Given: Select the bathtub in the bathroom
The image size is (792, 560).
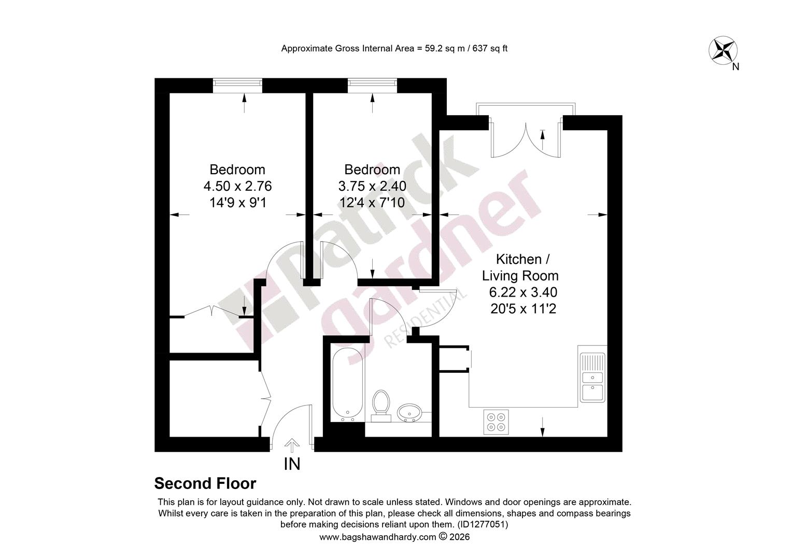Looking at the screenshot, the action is pos(348,385).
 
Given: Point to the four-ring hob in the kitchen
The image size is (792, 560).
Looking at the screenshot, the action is pos(496,422).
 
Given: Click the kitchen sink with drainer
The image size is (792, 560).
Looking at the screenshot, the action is pos(592,377).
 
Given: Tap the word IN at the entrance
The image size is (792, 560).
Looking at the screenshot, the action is pos(292,464).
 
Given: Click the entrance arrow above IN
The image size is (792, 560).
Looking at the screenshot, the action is pos(292,445).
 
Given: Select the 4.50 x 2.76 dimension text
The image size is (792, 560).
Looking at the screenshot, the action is pos(237,186).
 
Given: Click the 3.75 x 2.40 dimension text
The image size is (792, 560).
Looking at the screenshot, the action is pos(372,186).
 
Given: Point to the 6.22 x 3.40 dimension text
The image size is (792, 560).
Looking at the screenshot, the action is pos(524,292).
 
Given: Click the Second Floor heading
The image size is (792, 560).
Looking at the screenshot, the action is pos(205,484).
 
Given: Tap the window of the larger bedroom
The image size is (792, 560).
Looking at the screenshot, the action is pos(237,85).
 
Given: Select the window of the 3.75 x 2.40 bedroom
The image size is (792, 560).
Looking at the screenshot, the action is pos(372,85).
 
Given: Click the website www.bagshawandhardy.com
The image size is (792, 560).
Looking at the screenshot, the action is pos(378,537).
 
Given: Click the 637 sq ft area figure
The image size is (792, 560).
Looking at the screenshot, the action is pos(490,48).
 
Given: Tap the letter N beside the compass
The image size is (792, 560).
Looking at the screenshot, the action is pos(736,66).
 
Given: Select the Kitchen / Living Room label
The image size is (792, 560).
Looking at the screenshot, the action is pos(520,268).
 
